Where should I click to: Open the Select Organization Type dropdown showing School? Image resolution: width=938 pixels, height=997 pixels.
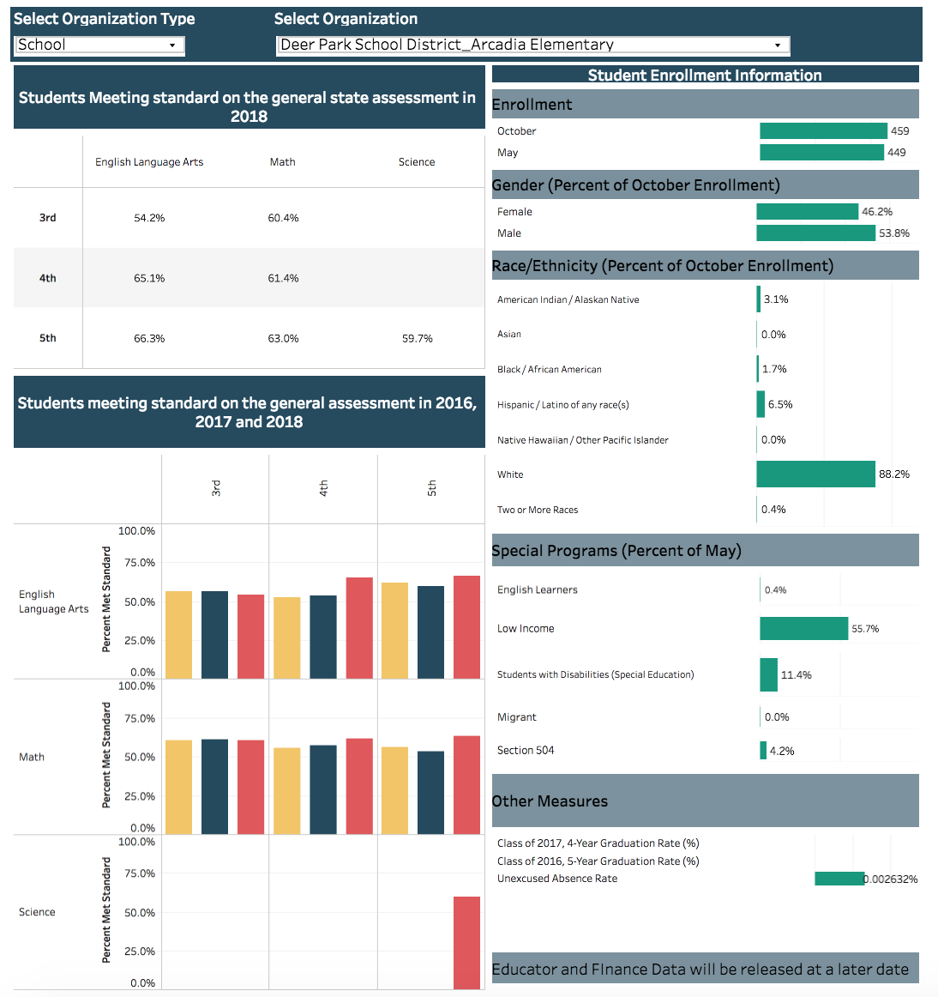[x=99, y=45]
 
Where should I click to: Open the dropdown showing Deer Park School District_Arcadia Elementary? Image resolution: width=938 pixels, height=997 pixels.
[x=532, y=45]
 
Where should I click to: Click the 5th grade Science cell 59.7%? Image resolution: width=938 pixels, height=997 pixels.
[x=418, y=339]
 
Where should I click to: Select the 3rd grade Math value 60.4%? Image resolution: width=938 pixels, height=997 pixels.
[x=283, y=218]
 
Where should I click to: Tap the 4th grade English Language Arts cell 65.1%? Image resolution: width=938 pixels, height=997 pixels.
[x=149, y=278]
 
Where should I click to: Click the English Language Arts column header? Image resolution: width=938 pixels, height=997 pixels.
[x=149, y=162]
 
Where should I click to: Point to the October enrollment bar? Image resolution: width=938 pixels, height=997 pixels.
[x=823, y=131]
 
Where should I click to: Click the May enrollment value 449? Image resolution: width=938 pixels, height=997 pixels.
[x=897, y=153]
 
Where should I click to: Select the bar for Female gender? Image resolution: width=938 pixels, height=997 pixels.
[x=807, y=212]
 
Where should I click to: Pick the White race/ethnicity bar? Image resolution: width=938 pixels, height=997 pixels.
[x=815, y=474]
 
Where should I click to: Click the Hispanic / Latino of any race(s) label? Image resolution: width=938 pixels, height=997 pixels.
[x=562, y=405]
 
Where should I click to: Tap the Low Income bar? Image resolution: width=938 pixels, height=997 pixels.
[x=803, y=629]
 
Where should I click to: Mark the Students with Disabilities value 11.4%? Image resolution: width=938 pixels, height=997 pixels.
[x=796, y=675]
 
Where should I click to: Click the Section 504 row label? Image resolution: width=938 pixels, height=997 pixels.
[x=526, y=751]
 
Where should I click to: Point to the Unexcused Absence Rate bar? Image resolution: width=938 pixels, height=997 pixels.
[x=839, y=879]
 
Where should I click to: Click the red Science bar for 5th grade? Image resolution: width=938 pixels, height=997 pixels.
[x=466, y=942]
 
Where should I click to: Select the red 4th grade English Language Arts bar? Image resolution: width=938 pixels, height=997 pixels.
[x=359, y=628]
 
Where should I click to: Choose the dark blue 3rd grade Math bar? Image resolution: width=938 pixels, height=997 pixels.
[x=214, y=786]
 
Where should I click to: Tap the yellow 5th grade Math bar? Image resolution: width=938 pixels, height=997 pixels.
[x=394, y=790]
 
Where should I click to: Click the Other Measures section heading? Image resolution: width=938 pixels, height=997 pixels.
[x=550, y=801]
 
